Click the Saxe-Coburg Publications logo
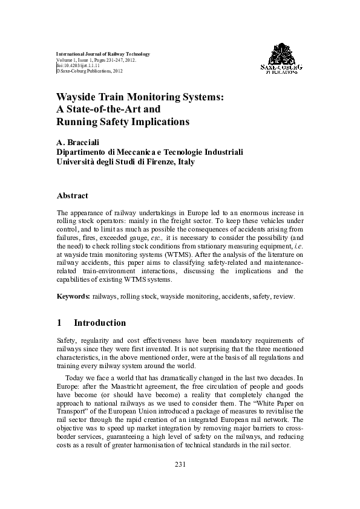(x=281, y=59)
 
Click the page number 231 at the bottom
(x=180, y=464)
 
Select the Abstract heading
(x=72, y=195)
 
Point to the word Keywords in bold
(x=73, y=297)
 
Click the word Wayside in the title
(x=77, y=97)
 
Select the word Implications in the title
(x=158, y=122)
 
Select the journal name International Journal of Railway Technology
(x=103, y=54)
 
